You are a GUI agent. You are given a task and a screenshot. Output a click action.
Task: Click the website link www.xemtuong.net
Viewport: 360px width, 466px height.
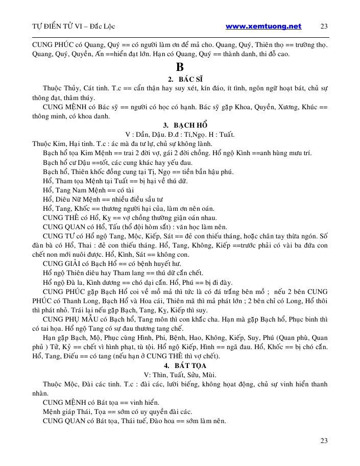tap(263, 26)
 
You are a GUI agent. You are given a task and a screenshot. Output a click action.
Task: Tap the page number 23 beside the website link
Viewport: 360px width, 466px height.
tap(324, 27)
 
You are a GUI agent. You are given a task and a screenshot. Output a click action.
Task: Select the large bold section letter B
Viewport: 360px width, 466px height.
tap(179, 67)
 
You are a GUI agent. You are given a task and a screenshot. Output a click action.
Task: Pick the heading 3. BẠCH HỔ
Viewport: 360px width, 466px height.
tap(180, 125)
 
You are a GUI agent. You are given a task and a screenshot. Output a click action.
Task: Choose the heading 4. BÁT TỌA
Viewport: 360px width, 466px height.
tap(180, 366)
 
